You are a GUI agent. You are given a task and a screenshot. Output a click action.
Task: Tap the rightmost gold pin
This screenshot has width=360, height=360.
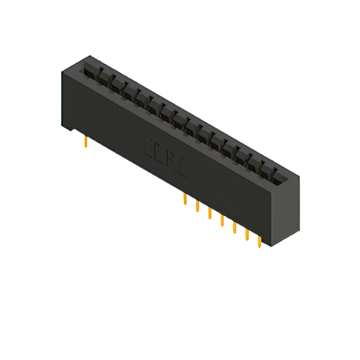click(x=259, y=240)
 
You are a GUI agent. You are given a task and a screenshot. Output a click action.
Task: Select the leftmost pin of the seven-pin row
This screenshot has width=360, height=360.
click(x=184, y=199)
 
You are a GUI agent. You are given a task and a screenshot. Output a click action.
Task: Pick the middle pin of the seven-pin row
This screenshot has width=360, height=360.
click(x=222, y=220)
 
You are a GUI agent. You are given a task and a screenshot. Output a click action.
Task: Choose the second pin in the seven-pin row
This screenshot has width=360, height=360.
click(x=197, y=206)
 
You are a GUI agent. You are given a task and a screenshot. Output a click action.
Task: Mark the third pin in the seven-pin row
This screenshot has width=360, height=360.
click(x=209, y=213)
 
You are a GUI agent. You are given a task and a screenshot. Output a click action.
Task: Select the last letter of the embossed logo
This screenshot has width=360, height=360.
click(x=183, y=170)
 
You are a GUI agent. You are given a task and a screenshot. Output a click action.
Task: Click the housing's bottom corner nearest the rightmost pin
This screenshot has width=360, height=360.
click(x=273, y=245)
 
